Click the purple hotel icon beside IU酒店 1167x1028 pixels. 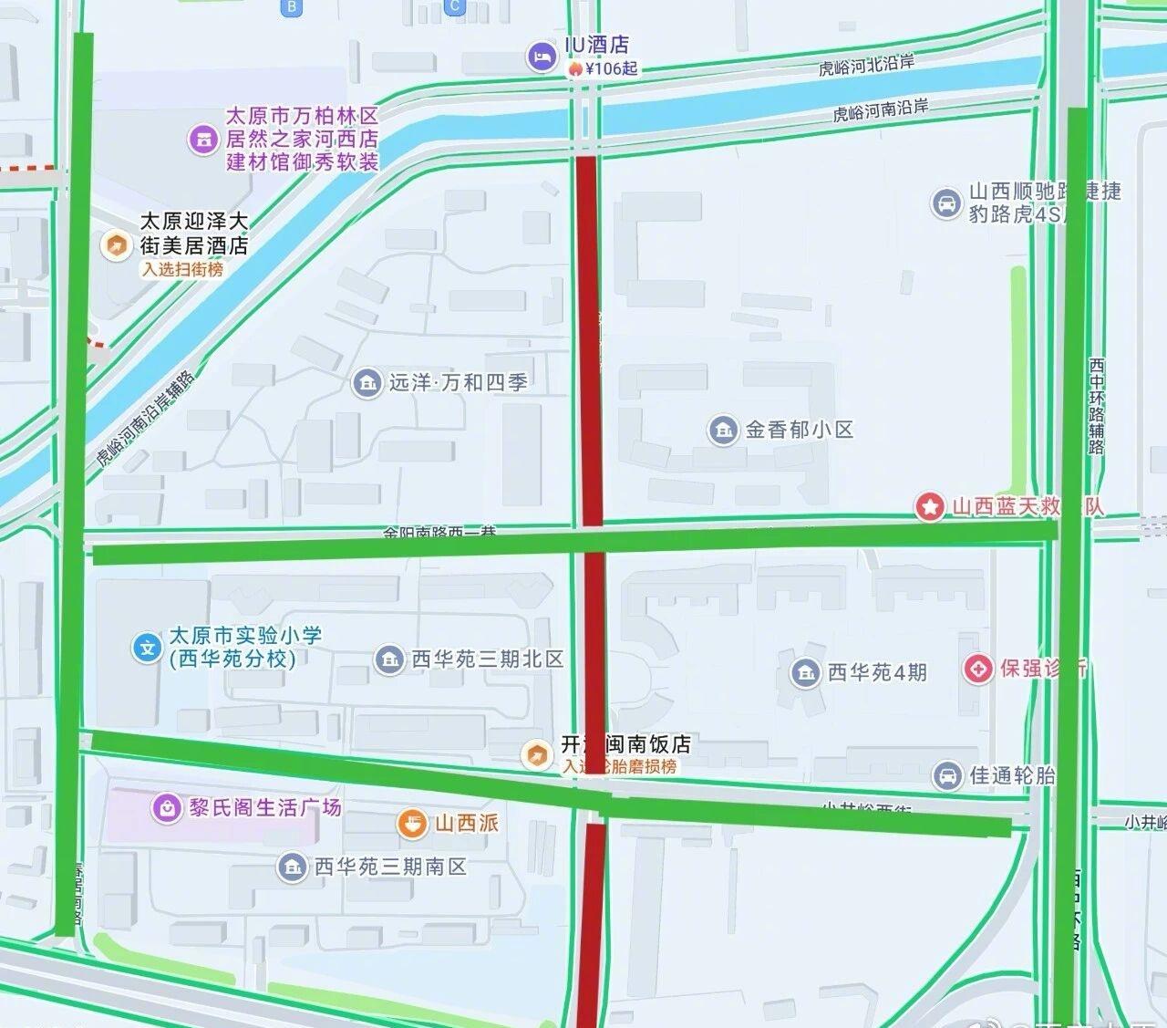pos(542,57)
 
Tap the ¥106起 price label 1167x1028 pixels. pos(610,68)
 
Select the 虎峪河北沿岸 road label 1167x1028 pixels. pos(865,65)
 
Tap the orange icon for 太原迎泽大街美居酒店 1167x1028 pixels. pos(116,244)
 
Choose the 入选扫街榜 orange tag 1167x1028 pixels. pos(182,270)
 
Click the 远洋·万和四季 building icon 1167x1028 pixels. pos(367,383)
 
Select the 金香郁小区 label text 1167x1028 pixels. pos(800,430)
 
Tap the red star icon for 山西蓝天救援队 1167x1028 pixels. pos(930,507)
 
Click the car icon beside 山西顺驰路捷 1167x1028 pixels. pos(945,203)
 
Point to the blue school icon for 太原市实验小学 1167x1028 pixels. pos(147,648)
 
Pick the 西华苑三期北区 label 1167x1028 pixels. pos(487,659)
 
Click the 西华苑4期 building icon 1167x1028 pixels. pos(805,673)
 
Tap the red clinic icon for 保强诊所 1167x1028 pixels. pos(978,669)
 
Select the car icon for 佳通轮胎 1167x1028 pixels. pos(947,775)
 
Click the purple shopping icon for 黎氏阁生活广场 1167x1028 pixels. pos(166,808)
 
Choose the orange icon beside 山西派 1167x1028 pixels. pos(412,824)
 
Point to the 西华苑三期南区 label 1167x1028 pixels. pos(390,867)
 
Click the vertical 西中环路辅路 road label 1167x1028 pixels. pos(1096,406)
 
